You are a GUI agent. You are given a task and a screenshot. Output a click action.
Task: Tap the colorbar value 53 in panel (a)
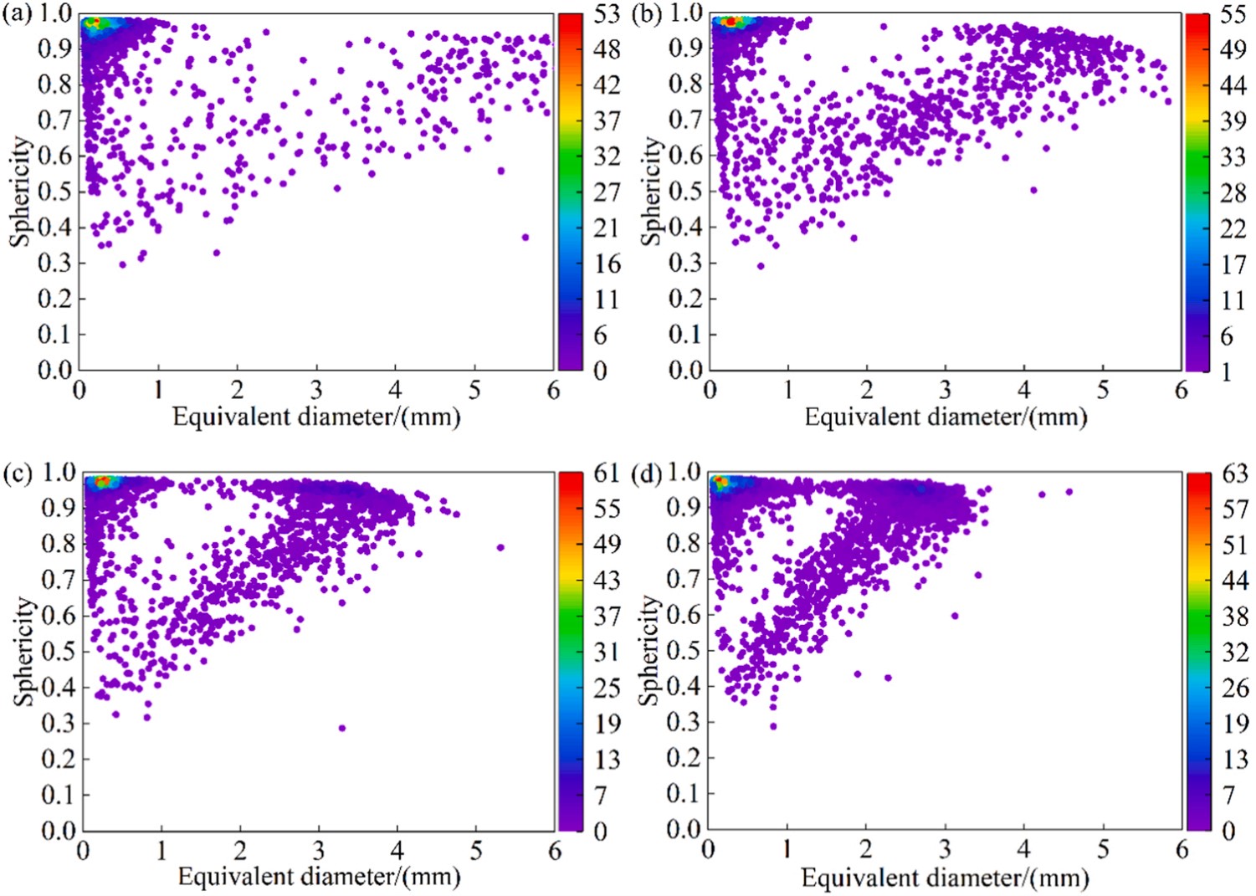coord(607,14)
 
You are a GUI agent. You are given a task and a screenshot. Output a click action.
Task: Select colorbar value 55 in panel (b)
coord(1233,15)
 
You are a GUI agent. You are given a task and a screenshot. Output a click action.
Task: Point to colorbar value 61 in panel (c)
coord(607,474)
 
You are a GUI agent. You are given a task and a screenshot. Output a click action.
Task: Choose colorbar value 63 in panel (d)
coord(1234,474)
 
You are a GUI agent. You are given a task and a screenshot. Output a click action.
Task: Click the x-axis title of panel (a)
coord(316,417)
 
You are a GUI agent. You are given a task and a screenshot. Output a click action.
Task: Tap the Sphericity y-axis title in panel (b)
coord(651,192)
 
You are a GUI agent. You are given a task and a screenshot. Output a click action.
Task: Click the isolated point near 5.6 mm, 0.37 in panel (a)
coord(525,238)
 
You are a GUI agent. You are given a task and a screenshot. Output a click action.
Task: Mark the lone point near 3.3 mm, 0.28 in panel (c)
coord(342,728)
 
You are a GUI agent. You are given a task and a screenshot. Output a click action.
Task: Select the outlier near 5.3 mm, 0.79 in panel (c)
coord(500,547)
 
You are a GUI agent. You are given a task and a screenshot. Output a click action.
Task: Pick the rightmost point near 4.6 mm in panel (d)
coord(1069,492)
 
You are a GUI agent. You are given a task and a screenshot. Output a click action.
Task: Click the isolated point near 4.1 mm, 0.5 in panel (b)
coord(1033,190)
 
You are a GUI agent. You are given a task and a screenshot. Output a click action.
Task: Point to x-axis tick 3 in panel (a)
coord(316,390)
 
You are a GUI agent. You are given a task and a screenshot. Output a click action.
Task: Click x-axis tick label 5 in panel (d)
coord(1103,850)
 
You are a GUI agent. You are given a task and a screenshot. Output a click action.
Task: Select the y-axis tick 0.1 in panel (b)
coord(685,334)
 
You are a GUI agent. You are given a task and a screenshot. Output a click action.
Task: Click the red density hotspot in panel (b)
coord(731,22)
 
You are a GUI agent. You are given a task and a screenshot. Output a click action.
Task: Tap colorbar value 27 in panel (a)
coord(607,192)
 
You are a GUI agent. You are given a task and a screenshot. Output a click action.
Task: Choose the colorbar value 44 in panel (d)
coord(1234,580)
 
